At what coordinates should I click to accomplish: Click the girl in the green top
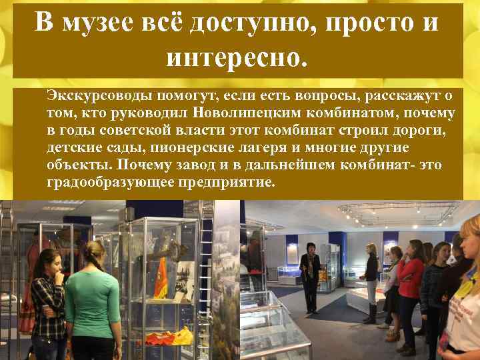coord(92,303)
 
